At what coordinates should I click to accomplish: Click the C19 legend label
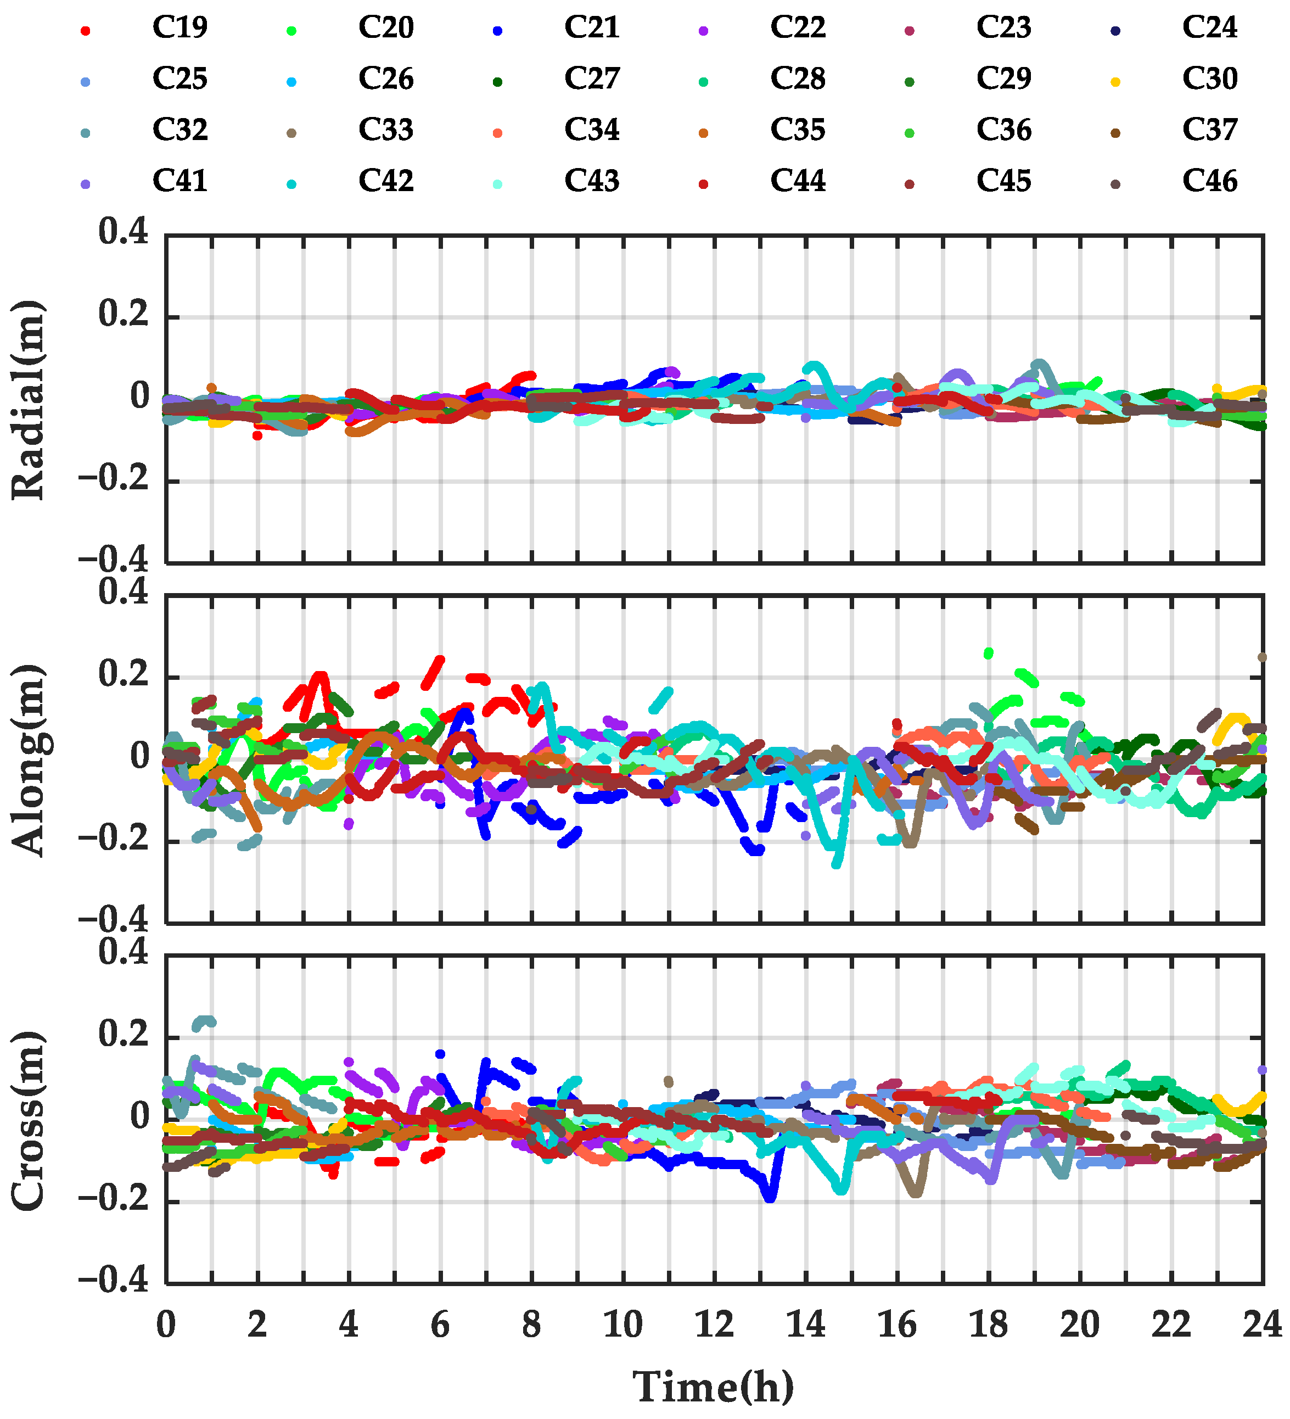click(x=180, y=28)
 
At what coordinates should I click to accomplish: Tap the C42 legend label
click(x=386, y=182)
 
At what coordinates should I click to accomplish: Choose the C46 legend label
click(x=1209, y=182)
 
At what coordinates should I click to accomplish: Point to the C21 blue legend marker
click(x=497, y=31)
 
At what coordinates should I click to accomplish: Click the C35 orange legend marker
click(x=703, y=133)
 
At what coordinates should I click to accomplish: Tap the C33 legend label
click(x=386, y=130)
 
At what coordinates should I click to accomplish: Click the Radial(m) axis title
click(x=28, y=400)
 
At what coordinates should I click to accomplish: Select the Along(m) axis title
click(x=28, y=759)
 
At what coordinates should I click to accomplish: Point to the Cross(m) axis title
click(x=28, y=1121)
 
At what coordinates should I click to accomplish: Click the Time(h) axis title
click(x=714, y=1387)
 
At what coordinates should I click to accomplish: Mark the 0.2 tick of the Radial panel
click(x=123, y=314)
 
